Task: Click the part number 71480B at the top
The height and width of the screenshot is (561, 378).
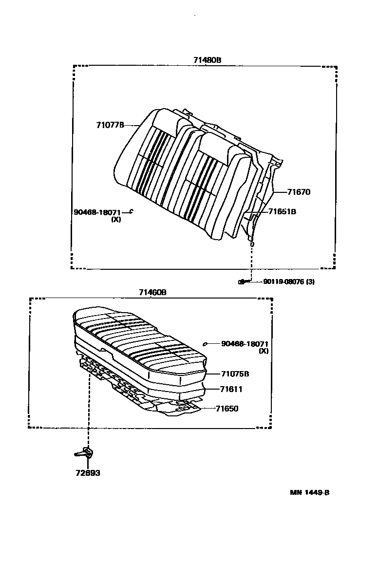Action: click(x=207, y=60)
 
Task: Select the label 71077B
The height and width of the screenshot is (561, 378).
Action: click(x=111, y=125)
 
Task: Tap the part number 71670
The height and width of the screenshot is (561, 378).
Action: click(x=298, y=192)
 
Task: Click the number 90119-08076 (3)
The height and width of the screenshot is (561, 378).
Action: click(x=288, y=281)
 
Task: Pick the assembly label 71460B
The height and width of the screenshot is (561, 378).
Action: click(x=152, y=292)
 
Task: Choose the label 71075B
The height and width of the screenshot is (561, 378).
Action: click(x=235, y=374)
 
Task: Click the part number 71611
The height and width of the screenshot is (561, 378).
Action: click(x=231, y=389)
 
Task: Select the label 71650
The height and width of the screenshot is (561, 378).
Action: click(x=227, y=409)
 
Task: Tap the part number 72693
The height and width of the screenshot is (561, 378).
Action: click(x=88, y=473)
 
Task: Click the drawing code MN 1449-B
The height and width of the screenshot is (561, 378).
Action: click(x=310, y=492)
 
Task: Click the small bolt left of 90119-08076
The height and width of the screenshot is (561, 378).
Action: click(x=242, y=281)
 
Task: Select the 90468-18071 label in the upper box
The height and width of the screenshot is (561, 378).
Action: click(x=97, y=212)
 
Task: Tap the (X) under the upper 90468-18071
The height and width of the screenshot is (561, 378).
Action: click(x=116, y=219)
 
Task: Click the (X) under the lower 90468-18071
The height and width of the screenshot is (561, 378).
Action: click(x=264, y=351)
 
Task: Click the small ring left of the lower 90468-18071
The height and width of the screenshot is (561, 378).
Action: click(x=205, y=344)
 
